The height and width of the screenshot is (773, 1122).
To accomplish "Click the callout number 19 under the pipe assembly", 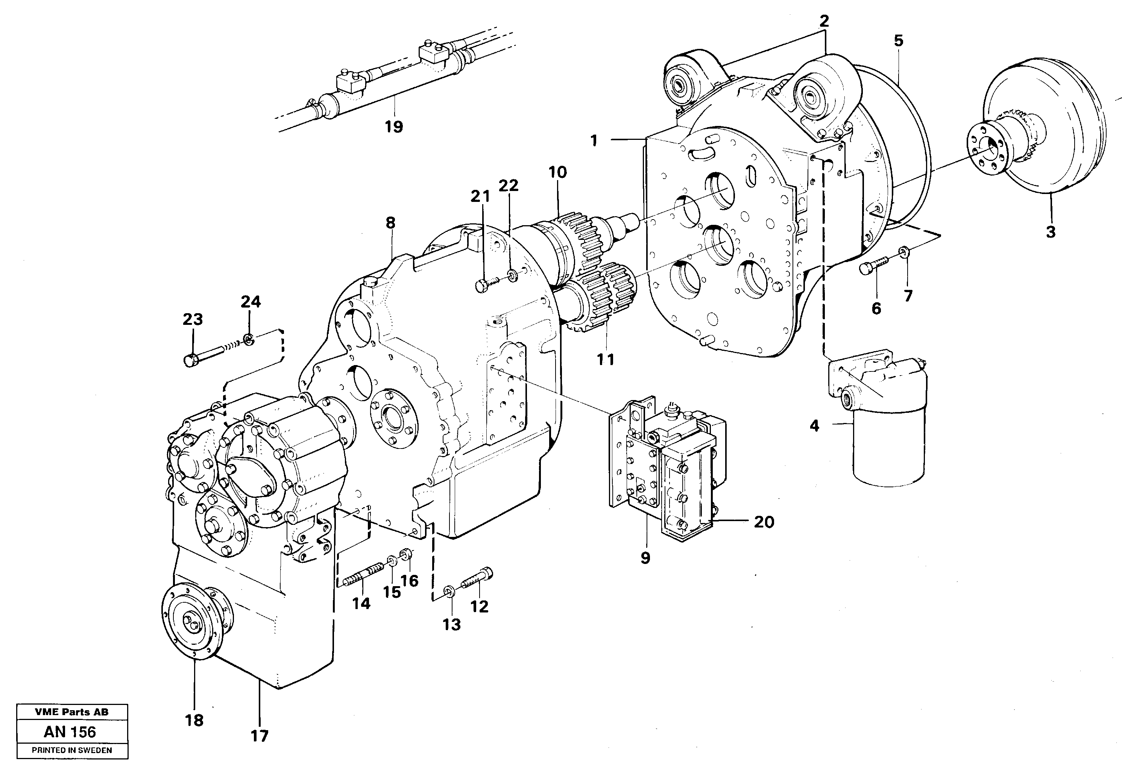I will click(x=393, y=127).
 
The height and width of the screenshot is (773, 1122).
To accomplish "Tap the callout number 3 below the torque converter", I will click(x=1050, y=232).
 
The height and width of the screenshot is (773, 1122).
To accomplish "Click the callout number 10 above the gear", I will click(x=557, y=172).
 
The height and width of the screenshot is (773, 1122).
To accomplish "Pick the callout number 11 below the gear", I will click(x=606, y=359).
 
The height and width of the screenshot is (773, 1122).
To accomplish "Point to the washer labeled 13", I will click(x=449, y=591).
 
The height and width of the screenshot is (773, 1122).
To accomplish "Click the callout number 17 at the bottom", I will click(x=259, y=736).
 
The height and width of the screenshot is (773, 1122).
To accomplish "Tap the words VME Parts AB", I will click(x=72, y=712).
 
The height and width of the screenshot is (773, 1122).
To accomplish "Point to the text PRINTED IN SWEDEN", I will click(x=72, y=750).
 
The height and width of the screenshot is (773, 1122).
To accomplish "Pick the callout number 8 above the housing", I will click(x=390, y=223).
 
